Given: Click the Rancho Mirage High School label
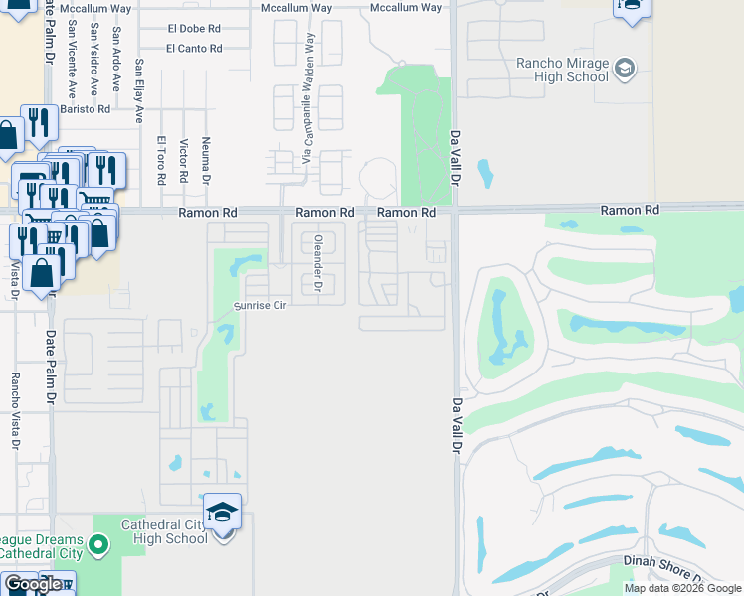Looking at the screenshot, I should click(x=561, y=70).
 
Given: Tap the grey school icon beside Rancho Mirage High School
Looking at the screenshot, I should click(x=625, y=69).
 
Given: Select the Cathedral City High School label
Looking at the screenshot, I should click(x=164, y=531).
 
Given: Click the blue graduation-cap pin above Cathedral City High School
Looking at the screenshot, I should click(x=223, y=513).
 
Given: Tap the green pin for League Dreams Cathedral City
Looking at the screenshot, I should click(x=97, y=543).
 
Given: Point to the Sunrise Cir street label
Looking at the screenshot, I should click(x=260, y=306).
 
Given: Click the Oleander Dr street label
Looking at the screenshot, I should click(x=319, y=263).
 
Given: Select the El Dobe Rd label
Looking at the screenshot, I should click(x=194, y=29).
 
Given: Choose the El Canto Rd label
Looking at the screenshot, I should click(x=194, y=48).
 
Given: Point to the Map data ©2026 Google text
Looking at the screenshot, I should click(x=682, y=588).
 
